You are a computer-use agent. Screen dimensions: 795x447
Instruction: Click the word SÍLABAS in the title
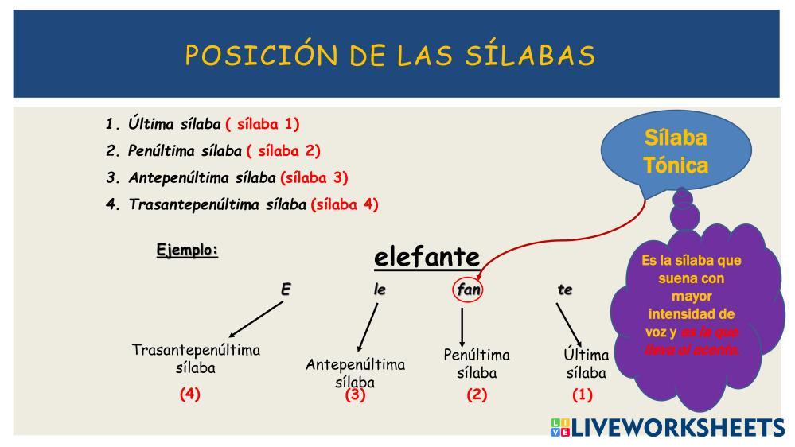click(x=530, y=54)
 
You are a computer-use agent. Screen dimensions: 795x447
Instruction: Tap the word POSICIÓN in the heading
click(x=261, y=54)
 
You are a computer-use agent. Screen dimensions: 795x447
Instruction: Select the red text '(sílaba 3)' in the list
click(x=314, y=178)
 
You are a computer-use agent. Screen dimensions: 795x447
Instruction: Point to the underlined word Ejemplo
click(x=187, y=250)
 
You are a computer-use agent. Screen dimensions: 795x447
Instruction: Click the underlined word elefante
click(x=427, y=257)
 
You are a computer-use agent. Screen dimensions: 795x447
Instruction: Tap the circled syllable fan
click(x=468, y=290)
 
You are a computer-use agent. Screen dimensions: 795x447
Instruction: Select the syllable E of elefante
click(x=286, y=290)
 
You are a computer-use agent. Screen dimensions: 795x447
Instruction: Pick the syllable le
click(x=380, y=290)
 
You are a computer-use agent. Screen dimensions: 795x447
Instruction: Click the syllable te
click(x=565, y=290)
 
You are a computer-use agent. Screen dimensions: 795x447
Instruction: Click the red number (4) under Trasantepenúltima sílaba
click(x=190, y=394)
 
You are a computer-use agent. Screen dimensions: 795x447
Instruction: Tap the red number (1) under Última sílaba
click(x=582, y=395)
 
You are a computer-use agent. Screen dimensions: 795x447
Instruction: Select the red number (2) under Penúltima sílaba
click(x=477, y=395)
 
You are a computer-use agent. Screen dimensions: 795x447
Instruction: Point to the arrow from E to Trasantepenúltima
click(x=256, y=319)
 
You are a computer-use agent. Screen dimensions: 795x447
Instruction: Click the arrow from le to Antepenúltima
click(x=368, y=328)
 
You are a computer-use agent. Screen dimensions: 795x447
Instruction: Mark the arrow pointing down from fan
click(x=462, y=328)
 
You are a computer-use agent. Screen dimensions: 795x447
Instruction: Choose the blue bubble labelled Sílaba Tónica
click(x=676, y=152)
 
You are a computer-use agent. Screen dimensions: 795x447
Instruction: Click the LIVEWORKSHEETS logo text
click(x=678, y=427)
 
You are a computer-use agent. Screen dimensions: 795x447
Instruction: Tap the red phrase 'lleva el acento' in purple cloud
click(x=692, y=349)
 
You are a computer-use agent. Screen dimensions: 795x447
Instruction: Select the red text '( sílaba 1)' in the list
click(x=263, y=124)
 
